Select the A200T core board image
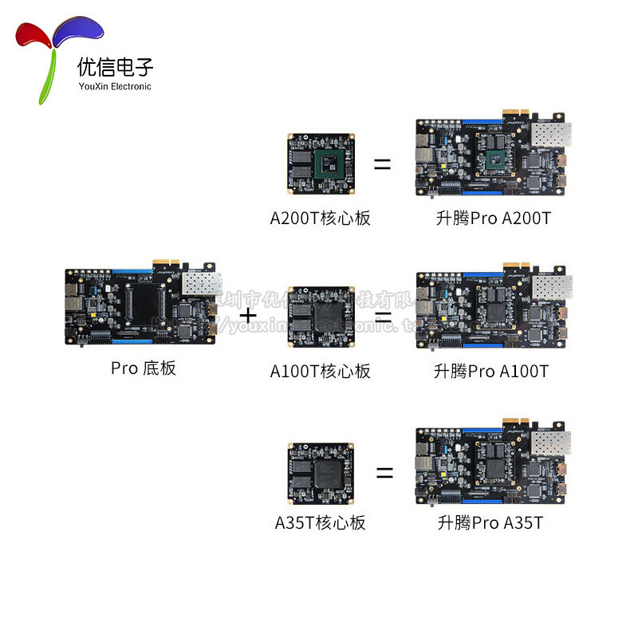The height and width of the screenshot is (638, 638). click(320, 165)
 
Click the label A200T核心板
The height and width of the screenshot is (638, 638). click(320, 218)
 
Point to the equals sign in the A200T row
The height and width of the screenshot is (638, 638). click(383, 165)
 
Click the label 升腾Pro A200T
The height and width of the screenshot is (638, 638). click(492, 218)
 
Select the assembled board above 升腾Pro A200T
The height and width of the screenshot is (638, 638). click(493, 157)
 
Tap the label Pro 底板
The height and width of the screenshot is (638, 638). click(144, 368)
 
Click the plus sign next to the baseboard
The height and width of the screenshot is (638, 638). click(249, 316)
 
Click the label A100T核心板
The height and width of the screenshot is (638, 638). click(320, 371)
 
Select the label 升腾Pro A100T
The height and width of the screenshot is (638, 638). click(491, 371)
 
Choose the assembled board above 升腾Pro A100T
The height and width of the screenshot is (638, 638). click(493, 310)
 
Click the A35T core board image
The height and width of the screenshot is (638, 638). click(320, 472)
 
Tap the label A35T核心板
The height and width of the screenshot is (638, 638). click(320, 523)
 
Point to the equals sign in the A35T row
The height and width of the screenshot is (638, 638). click(384, 472)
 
